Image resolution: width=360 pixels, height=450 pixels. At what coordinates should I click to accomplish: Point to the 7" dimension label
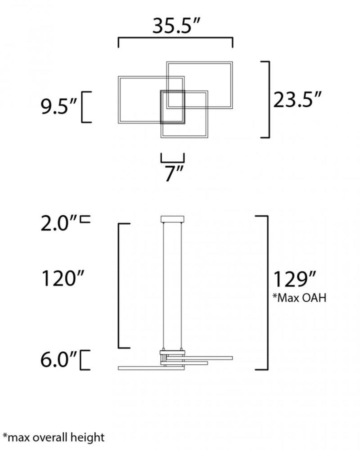[173, 175]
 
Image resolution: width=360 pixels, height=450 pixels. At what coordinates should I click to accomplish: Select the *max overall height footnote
[53, 437]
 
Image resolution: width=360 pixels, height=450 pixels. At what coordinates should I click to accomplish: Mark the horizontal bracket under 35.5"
[175, 41]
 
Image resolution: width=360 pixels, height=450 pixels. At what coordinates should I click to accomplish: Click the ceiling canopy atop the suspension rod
[172, 219]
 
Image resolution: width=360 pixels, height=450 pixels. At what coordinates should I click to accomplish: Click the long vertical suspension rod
[172, 285]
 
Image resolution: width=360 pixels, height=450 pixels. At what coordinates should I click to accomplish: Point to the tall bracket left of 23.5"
[268, 99]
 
